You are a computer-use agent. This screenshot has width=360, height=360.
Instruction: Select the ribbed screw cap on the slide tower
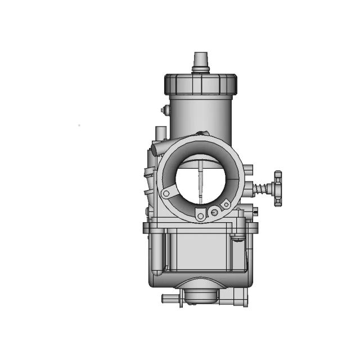click(200, 84)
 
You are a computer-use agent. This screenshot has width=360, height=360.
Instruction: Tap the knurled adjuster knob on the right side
click(278, 188)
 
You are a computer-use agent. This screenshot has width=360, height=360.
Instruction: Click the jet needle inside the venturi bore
click(200, 183)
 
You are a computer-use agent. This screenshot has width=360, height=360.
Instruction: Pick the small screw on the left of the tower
click(164, 110)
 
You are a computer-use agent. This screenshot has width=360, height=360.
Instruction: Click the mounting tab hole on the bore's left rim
click(165, 193)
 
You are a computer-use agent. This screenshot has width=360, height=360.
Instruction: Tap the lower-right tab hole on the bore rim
click(226, 205)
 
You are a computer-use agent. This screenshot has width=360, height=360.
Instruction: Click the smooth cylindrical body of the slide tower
click(200, 115)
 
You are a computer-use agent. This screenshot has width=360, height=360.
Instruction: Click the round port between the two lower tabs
click(214, 212)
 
